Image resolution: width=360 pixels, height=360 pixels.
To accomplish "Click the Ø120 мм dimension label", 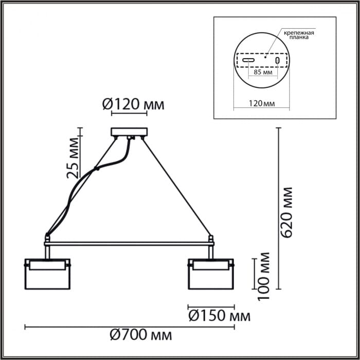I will [133, 104].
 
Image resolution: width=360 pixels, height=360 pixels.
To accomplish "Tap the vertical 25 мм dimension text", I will [74, 156].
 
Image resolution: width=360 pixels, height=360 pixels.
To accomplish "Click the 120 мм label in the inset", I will [261, 103].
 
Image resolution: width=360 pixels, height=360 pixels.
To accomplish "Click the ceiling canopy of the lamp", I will [129, 132].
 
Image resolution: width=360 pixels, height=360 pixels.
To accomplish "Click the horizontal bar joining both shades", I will [129, 243].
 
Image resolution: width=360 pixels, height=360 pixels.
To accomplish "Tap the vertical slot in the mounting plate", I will [278, 61].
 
